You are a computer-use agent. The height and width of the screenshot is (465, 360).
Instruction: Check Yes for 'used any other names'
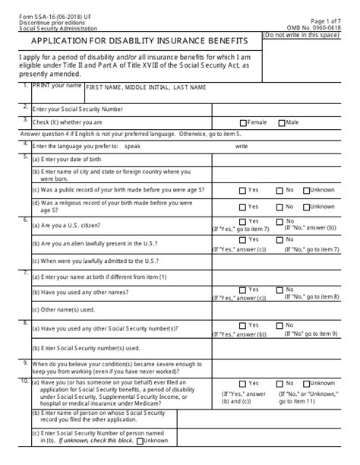242,289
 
